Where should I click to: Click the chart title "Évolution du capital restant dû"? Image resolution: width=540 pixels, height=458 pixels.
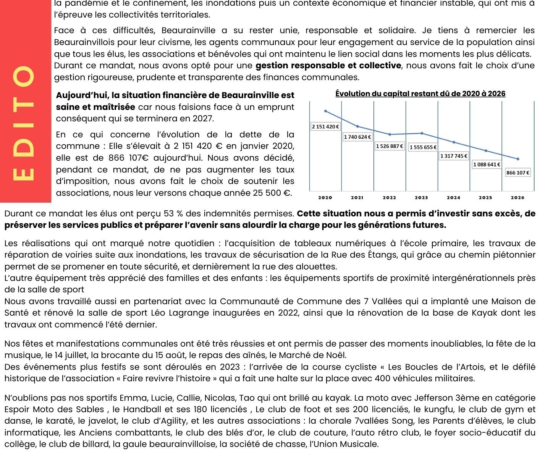tap(420, 94)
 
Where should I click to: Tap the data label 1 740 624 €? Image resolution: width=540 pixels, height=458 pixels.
tap(358, 137)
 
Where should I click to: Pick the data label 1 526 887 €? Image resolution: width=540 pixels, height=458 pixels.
tap(390, 146)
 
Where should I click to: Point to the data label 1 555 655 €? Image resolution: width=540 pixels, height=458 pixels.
tap(423, 147)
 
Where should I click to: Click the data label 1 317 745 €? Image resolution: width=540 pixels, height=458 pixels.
tap(454, 156)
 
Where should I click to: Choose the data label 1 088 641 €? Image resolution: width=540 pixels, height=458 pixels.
tap(487, 164)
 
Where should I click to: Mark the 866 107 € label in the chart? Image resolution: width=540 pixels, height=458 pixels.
tap(518, 173)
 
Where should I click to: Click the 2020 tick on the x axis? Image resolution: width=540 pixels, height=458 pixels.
tap(325, 198)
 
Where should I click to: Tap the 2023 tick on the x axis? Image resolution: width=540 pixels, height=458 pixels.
tap(421, 198)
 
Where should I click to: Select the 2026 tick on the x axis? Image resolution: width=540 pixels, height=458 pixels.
tap(517, 198)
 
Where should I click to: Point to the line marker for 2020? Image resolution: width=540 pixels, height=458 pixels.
tap(325, 111)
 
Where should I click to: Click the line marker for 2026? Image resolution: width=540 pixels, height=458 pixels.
tap(518, 159)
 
